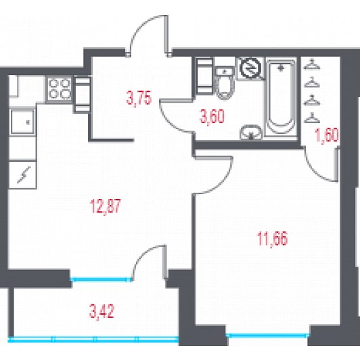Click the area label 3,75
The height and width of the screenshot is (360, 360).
pyautogui.click(x=139, y=98)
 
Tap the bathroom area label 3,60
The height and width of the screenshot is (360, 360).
pyautogui.click(x=212, y=116)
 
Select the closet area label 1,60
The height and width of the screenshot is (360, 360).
pyautogui.click(x=327, y=136)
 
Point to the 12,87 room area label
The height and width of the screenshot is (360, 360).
pyautogui.click(x=105, y=206)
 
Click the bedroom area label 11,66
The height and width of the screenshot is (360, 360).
pyautogui.click(x=272, y=239)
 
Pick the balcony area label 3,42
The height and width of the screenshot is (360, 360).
pyautogui.click(x=102, y=311)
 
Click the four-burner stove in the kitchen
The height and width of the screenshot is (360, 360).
pyautogui.click(x=60, y=89)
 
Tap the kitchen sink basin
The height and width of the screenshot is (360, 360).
pyautogui.click(x=22, y=122)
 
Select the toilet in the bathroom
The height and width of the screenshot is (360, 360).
pyautogui.click(x=225, y=83)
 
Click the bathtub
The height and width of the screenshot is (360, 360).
pyautogui.click(x=281, y=97)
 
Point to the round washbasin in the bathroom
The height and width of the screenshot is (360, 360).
pyautogui.click(x=250, y=132)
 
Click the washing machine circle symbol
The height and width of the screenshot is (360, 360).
pyautogui.click(x=250, y=67)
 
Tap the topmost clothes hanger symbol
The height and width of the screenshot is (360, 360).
pyautogui.click(x=312, y=64)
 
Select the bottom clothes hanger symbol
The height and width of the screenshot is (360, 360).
pyautogui.click(x=312, y=118)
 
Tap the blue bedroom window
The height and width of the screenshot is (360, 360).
pyautogui.click(x=267, y=336)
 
